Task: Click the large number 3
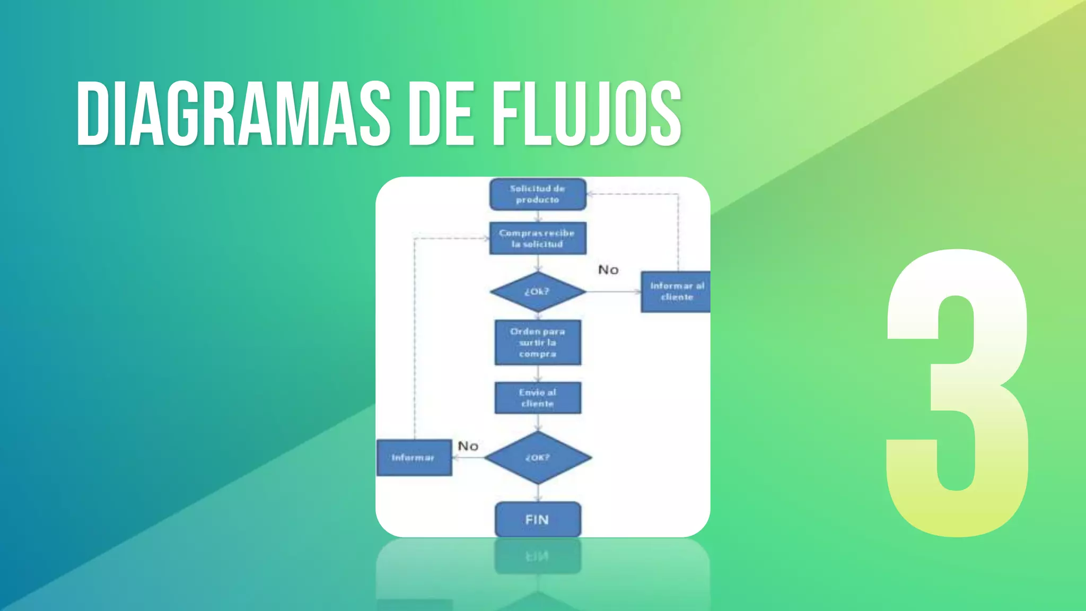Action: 958,392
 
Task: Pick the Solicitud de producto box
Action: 537,194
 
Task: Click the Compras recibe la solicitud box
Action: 537,238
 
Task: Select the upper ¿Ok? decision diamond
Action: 537,292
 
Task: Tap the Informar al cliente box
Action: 676,292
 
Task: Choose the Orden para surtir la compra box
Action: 537,343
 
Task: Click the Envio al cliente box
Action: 537,398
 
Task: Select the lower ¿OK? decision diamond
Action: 537,457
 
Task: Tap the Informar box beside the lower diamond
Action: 414,457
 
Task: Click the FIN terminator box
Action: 537,519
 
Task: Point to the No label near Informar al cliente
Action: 608,270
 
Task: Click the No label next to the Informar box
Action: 468,446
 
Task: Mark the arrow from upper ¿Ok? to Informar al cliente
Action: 614,292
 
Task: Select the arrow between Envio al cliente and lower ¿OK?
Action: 538,423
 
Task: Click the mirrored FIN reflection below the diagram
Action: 537,556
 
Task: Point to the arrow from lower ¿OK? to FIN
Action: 538,493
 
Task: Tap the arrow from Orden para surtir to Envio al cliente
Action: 538,373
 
